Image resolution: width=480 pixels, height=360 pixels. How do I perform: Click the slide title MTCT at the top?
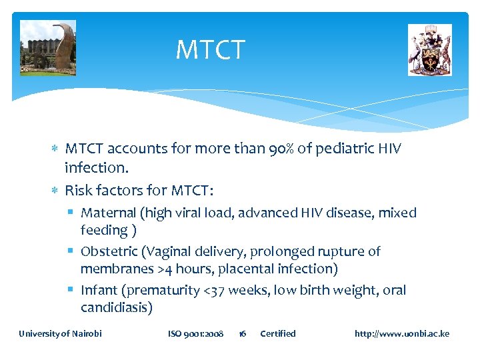coord(210,50)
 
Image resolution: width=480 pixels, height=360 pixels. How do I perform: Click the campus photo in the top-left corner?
coord(48,48)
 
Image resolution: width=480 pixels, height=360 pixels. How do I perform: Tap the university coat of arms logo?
coord(429,50)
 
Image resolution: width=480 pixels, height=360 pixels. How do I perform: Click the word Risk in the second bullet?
coord(79,191)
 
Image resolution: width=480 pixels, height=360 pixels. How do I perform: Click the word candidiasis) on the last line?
coord(117,308)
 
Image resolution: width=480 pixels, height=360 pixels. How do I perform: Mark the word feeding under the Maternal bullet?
coord(104,231)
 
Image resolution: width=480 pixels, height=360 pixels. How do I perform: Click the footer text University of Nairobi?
coord(60,333)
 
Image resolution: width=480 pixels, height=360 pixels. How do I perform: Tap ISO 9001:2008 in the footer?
coord(195,333)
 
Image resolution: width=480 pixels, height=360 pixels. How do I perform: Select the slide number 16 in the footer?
coord(242,333)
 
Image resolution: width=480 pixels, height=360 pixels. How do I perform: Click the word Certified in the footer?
coord(277,333)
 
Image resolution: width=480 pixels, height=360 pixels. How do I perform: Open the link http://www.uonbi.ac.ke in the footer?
coord(402,333)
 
